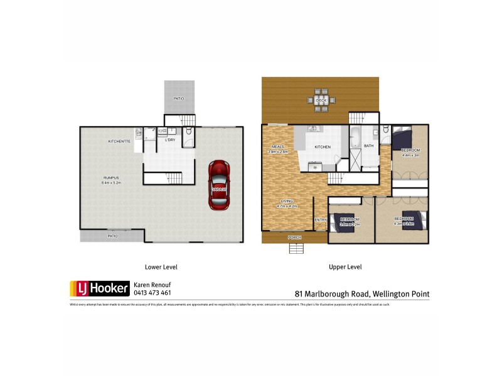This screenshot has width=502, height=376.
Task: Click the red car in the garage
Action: [x=218, y=185]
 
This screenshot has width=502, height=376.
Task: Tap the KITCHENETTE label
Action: [x=119, y=142]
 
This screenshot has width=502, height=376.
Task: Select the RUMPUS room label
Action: [x=111, y=178]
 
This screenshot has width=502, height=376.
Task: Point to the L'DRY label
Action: [x=169, y=140]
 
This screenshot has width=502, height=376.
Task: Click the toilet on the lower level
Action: [x=189, y=133]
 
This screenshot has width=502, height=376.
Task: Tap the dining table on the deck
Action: [x=321, y=100]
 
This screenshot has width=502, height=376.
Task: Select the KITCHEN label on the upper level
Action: [x=323, y=147]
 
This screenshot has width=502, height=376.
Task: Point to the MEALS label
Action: [x=278, y=147]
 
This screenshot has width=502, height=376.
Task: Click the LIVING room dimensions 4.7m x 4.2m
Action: [x=286, y=206]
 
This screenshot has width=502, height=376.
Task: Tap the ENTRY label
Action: [x=320, y=219]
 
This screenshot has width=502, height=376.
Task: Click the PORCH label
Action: [x=295, y=238]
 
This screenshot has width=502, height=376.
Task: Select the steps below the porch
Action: [x=296, y=248]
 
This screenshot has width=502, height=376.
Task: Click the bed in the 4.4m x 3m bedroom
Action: [x=402, y=137]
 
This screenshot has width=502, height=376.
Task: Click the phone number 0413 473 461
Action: [x=152, y=293]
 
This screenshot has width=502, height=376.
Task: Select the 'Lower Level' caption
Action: [x=161, y=267]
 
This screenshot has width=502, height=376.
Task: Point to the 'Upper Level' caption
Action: [x=345, y=267]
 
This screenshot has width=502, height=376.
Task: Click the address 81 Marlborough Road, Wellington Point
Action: [x=362, y=293]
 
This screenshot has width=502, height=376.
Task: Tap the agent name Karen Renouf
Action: [x=153, y=285]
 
